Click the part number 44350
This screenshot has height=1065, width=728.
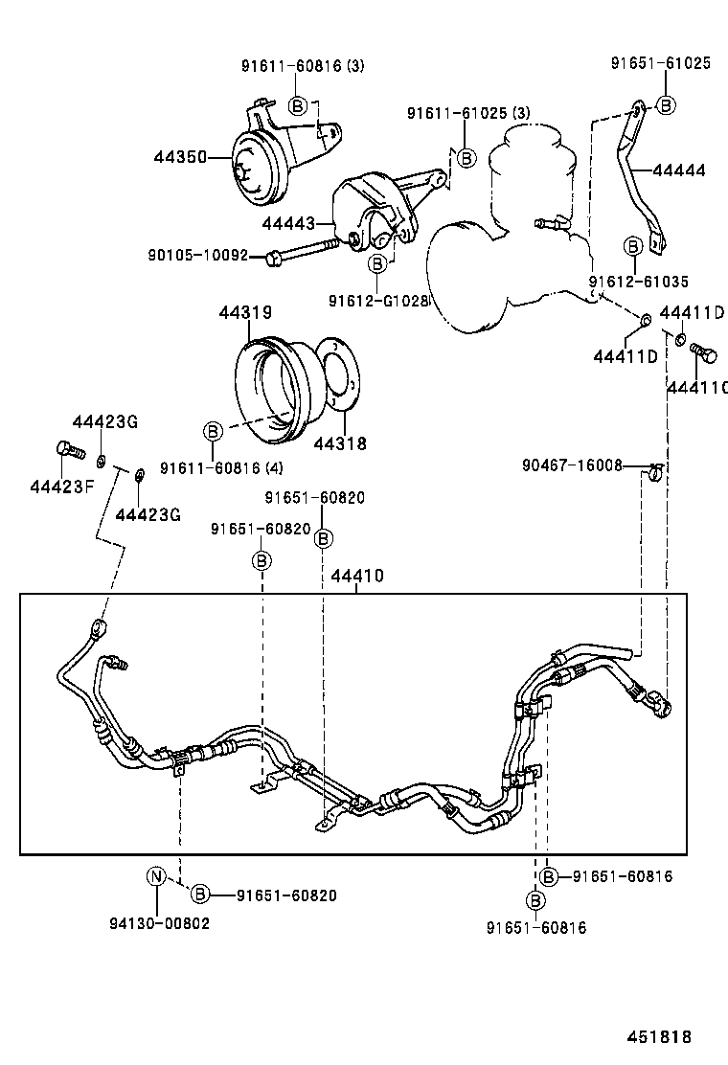[x=180, y=156]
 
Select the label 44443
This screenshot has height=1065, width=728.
[x=289, y=222]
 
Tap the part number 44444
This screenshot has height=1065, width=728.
[x=678, y=170]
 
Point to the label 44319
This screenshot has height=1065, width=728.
[x=245, y=313]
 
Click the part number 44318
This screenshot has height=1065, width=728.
[x=340, y=444]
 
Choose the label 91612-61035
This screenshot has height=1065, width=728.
[x=638, y=282]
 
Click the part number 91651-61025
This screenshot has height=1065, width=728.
[x=661, y=63]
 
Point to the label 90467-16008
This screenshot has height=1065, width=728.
[x=572, y=465]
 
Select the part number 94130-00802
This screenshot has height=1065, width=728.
[x=159, y=923]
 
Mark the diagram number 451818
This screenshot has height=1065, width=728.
[x=659, y=1037]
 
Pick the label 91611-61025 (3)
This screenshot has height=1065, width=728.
[x=467, y=113]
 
